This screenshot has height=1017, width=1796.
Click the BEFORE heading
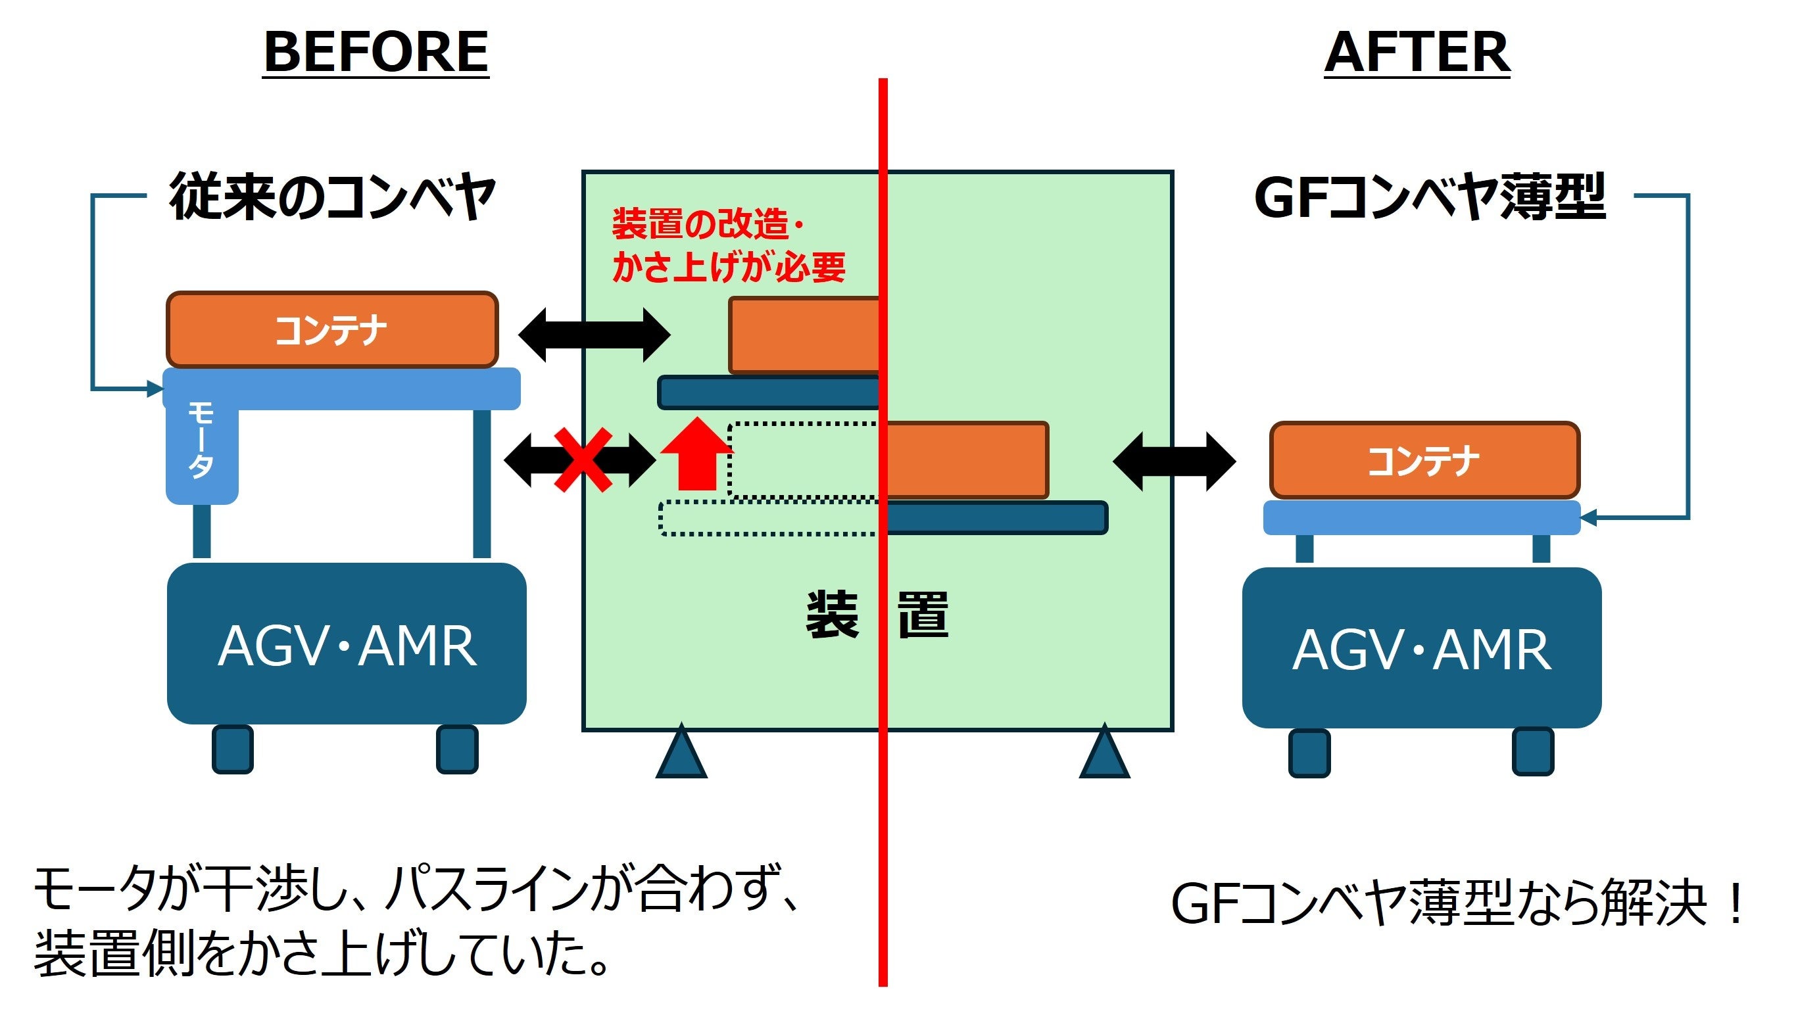pyautogui.click(x=376, y=53)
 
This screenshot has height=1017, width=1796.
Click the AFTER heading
pyautogui.click(x=1417, y=53)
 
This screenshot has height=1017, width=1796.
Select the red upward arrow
pyautogui.click(x=695, y=454)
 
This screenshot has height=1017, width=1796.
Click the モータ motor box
pyautogui.click(x=201, y=447)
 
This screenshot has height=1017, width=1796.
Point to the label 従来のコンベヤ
pyautogui.click(x=332, y=198)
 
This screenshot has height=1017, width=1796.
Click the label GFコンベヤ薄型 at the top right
pyautogui.click(x=1429, y=198)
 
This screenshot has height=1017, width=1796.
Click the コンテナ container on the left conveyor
pyautogui.click(x=332, y=330)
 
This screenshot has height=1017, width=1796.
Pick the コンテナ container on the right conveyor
pyautogui.click(x=1424, y=461)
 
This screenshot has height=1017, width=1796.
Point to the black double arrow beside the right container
pyautogui.click(x=1174, y=461)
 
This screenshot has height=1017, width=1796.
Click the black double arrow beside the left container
pyautogui.click(x=594, y=335)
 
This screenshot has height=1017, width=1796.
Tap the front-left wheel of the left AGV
pyautogui.click(x=233, y=749)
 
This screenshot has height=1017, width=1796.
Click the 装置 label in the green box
pyautogui.click(x=877, y=615)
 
